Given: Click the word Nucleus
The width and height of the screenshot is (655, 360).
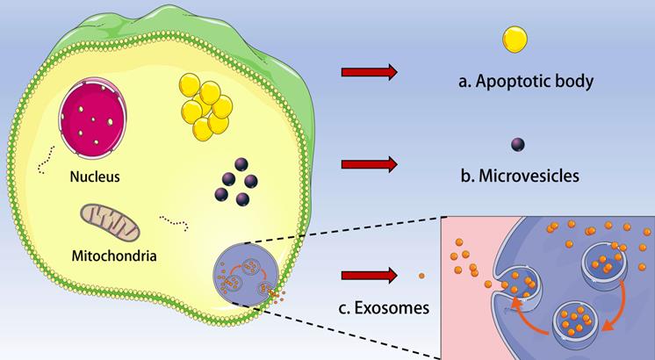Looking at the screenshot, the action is coord(95,176).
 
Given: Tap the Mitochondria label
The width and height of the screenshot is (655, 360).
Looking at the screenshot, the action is coord(114,256).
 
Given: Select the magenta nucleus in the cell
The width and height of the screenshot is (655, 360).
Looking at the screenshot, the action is coord(93,118).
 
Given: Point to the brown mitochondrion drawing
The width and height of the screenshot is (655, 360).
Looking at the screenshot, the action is coord(110,223).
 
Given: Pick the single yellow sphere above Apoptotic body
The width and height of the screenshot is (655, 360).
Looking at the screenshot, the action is coord(515,40).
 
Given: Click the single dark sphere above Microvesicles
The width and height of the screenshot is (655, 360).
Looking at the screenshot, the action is coord(517,145).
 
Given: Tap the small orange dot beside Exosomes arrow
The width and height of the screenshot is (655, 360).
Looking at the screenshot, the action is coord(421,276).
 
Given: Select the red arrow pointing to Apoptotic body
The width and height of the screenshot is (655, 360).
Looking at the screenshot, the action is coord(370,72).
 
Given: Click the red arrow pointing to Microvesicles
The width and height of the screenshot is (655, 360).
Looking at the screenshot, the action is coord(370,164).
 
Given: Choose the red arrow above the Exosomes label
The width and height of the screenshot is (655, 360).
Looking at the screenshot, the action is coord(370,276).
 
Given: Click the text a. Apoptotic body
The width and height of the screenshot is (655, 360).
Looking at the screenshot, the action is coord(526,82).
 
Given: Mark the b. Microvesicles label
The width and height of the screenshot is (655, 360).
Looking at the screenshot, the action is coord(520,176).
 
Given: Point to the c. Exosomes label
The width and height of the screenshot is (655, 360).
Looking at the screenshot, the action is coord(384,308).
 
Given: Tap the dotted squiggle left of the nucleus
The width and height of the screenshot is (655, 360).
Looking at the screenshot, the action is coord(46,161).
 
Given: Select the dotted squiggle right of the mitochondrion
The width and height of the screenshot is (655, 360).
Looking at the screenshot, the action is coord(174,222).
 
